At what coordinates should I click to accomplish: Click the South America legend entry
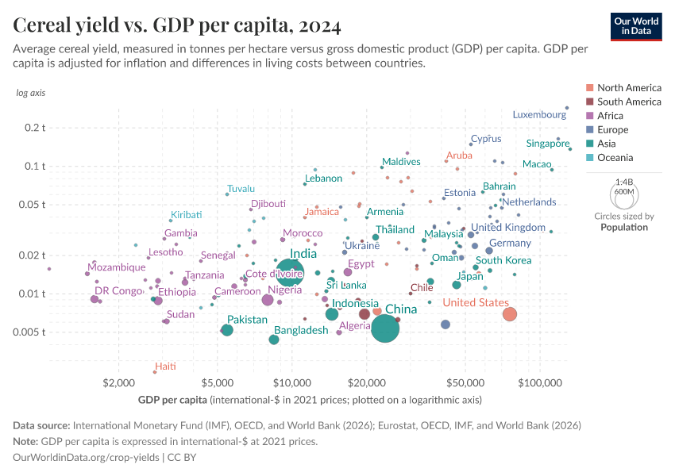pos(628,102)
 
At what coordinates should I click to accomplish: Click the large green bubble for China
pos(385,328)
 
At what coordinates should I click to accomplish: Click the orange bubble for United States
pos(510,314)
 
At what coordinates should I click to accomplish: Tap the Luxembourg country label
pos(539,114)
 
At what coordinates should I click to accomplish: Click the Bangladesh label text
pos(301,330)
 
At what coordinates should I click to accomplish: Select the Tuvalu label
pos(241,189)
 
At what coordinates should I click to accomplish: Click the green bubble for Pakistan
pos(227,330)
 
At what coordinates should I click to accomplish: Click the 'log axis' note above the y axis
pos(31,93)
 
